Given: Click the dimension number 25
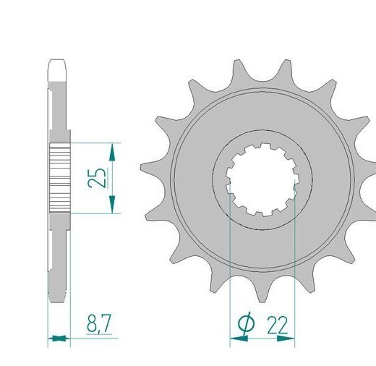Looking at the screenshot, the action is (96, 178).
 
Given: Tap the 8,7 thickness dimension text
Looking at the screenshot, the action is (99, 323).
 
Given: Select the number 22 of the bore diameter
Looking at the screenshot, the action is (277, 325).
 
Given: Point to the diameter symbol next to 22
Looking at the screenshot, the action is (246, 323).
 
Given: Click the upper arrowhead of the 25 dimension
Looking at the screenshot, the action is (112, 153).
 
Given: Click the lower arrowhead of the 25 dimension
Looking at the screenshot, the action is (112, 204).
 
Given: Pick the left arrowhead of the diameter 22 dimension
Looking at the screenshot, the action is (239, 339).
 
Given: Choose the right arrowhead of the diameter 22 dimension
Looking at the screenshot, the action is (286, 339).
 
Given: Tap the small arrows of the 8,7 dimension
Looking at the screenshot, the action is (59, 339).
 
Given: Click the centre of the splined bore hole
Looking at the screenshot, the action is (262, 179).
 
